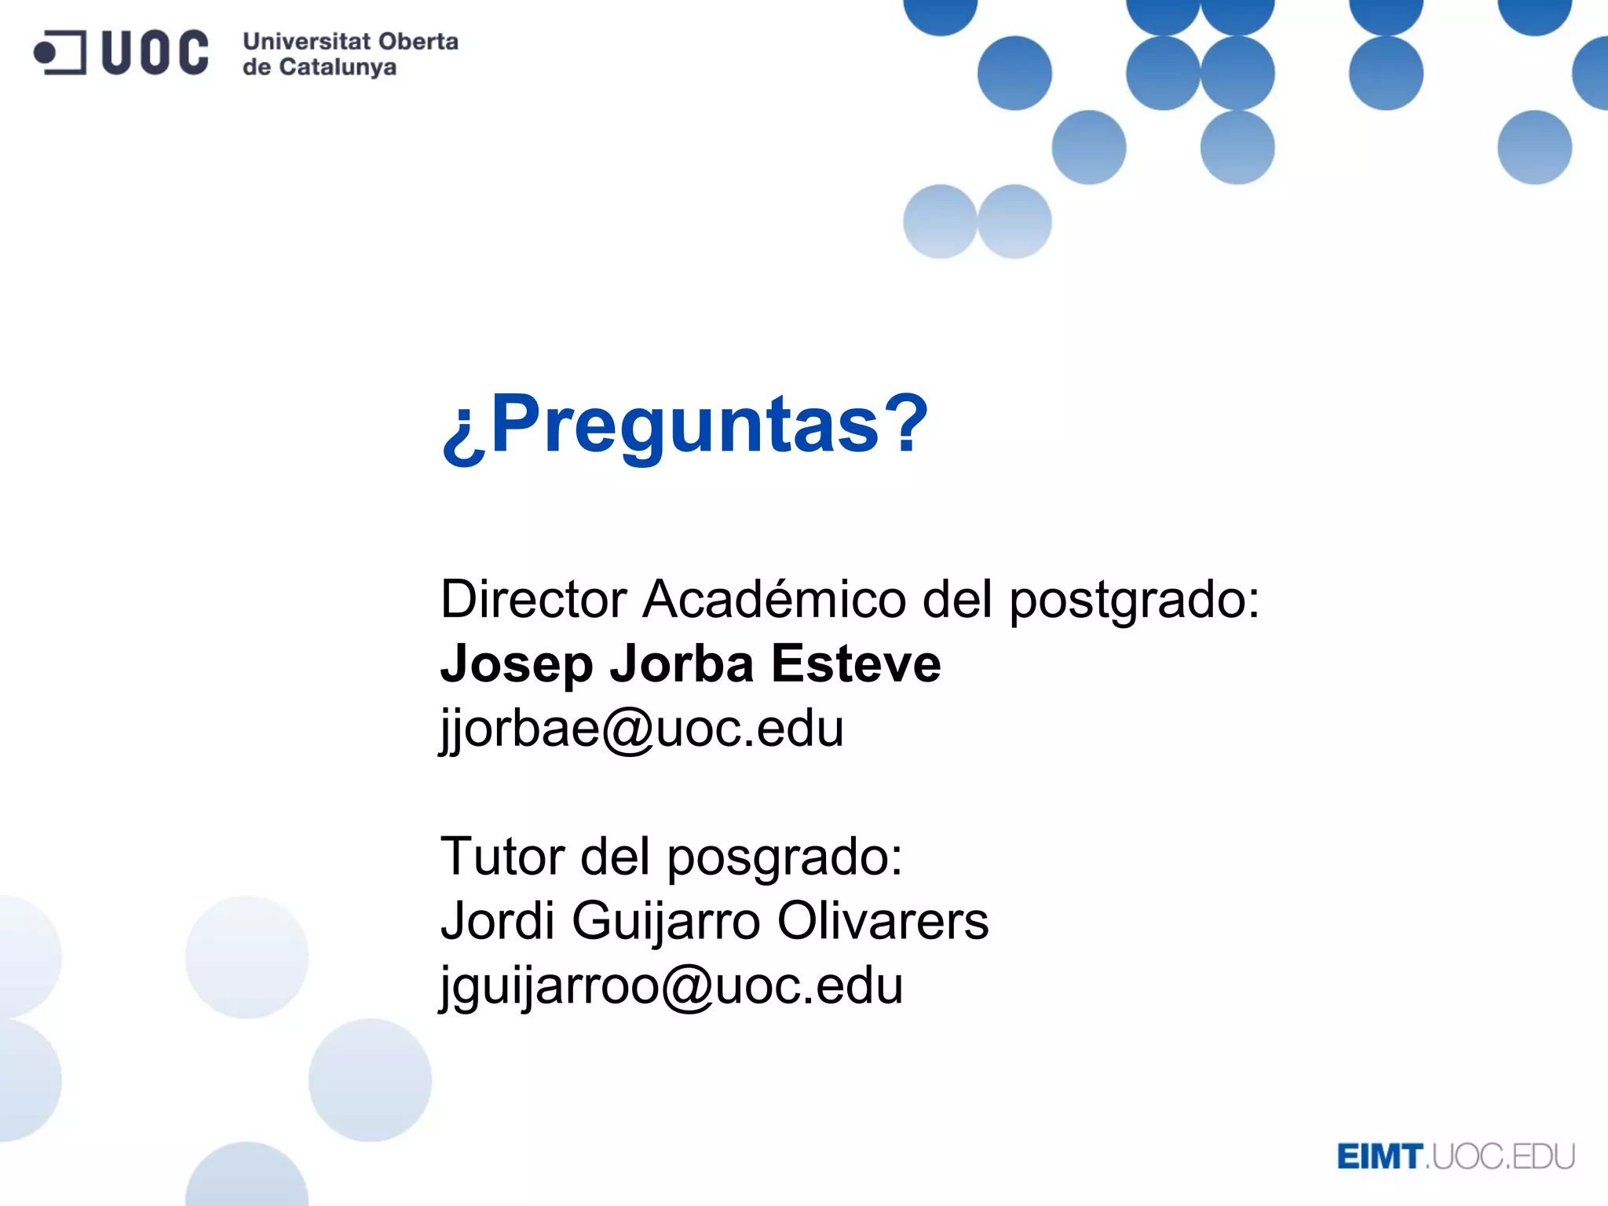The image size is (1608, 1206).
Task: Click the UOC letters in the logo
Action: pos(155,53)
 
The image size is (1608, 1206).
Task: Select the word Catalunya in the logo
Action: pos(338,68)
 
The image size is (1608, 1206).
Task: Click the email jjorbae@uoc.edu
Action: pos(641,729)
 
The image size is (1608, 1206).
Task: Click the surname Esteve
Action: pos(856,663)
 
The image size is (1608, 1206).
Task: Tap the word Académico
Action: pos(774,600)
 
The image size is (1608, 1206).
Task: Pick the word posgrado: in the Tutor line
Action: pos(784,857)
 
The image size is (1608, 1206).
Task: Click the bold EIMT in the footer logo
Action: pos(1380,1157)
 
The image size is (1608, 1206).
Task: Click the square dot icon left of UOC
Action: pos(60,53)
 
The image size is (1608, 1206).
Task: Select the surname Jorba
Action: pos(682,663)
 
